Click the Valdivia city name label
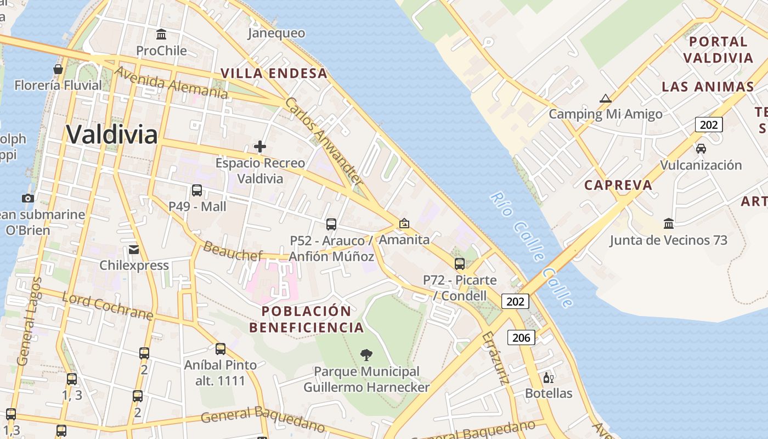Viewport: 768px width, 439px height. pyautogui.click(x=112, y=134)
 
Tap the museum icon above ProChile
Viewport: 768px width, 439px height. pyautogui.click(x=161, y=34)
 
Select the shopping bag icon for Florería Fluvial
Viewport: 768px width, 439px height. pyautogui.click(x=58, y=69)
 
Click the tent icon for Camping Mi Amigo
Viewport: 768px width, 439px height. pyautogui.click(x=606, y=99)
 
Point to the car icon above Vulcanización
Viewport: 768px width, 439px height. pyautogui.click(x=701, y=148)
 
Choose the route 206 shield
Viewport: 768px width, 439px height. pyautogui.click(x=521, y=337)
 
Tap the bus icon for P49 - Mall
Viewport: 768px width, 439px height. pyautogui.click(x=197, y=190)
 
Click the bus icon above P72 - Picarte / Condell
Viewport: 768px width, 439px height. pyautogui.click(x=460, y=264)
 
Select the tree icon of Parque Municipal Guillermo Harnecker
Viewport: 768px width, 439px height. pyautogui.click(x=366, y=355)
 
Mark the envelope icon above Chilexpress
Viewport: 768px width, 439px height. pyautogui.click(x=134, y=250)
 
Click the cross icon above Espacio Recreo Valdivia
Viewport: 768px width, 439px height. pyautogui.click(x=260, y=147)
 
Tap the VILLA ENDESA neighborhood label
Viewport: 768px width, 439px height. pyautogui.click(x=274, y=73)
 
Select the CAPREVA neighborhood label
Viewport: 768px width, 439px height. pyautogui.click(x=618, y=185)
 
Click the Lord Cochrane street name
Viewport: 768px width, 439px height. pyautogui.click(x=107, y=306)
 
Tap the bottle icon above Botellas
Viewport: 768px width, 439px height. pyautogui.click(x=547, y=378)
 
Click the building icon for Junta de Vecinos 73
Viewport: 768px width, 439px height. pyautogui.click(x=669, y=224)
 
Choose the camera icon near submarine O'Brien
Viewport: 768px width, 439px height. pyautogui.click(x=27, y=198)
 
